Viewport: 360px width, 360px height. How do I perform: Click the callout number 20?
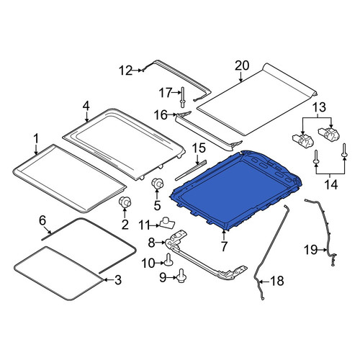point(242,66)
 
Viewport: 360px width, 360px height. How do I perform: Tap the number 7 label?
point(224,246)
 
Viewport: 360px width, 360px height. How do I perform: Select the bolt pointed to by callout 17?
point(182,97)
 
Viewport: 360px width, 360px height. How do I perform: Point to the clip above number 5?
point(157,184)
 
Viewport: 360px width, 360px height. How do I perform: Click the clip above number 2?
point(125,202)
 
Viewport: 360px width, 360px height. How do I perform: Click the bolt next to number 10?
point(168,260)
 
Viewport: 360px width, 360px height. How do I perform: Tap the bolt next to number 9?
point(182,276)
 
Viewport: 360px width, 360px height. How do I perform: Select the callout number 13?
point(320,107)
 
